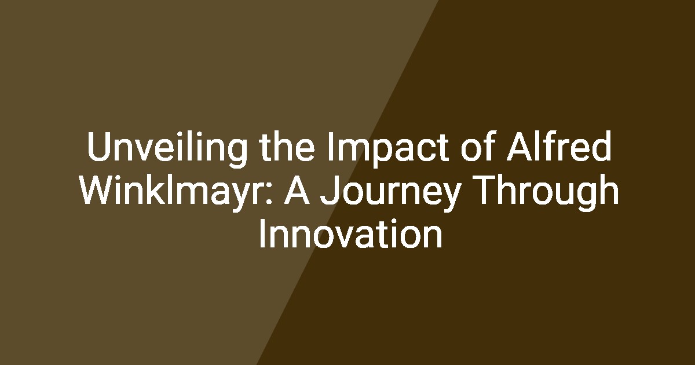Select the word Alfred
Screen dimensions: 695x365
click(559, 146)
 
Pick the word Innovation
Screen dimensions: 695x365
click(350, 233)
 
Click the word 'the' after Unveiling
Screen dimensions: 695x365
click(288, 146)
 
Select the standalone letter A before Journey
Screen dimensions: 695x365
click(297, 189)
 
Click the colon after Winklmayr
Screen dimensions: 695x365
click(269, 194)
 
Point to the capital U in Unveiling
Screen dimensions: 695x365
click(99, 147)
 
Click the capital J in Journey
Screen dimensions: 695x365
click(329, 190)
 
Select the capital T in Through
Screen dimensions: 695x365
click(490, 189)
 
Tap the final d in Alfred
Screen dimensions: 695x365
click(601, 146)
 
